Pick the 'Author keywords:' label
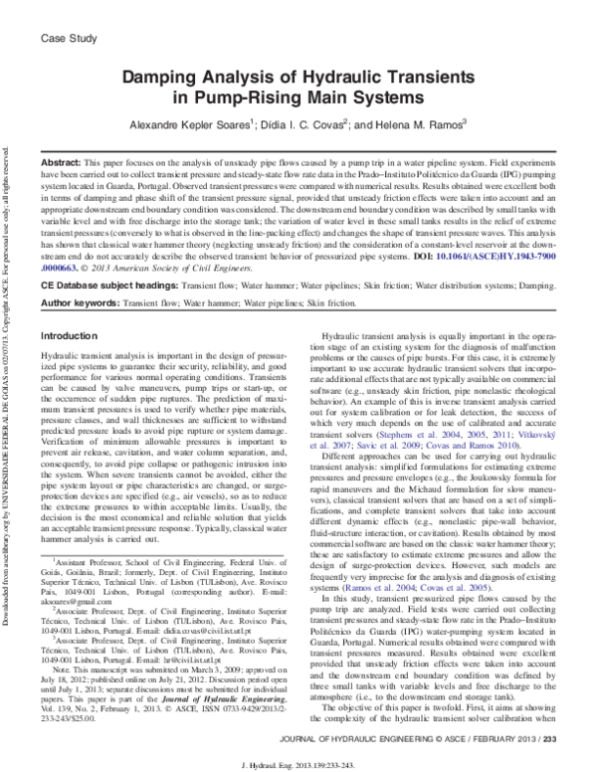coord(82,273)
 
